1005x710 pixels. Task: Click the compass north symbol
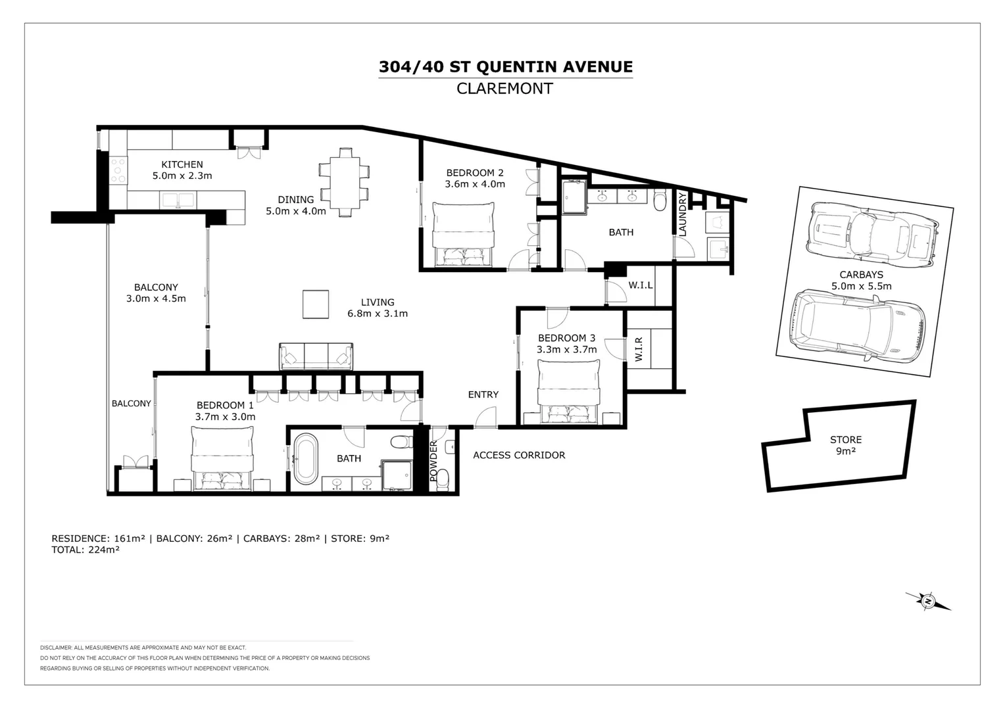(x=928, y=601)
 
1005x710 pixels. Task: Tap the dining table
(x=345, y=183)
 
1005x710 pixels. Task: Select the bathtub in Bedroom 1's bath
(x=306, y=459)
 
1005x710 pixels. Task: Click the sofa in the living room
(x=316, y=356)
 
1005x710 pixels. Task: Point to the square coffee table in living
(x=316, y=304)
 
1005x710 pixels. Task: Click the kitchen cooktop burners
(x=118, y=170)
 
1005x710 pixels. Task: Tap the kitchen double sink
(x=178, y=200)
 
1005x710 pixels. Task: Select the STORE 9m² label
(x=846, y=445)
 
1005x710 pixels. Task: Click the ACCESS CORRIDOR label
(x=519, y=455)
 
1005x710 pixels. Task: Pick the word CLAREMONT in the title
(x=504, y=88)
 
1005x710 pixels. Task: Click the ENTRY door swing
(x=486, y=417)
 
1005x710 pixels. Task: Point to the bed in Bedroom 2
(x=464, y=235)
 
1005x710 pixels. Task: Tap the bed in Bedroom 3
(x=568, y=392)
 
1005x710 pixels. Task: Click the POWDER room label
(x=433, y=461)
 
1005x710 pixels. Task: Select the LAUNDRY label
(x=683, y=214)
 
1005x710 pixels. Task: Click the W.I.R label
(x=639, y=349)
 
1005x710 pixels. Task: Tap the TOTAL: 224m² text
(x=86, y=550)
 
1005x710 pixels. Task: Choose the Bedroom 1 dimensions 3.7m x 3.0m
(x=225, y=417)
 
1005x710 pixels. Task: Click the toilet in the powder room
(x=443, y=480)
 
